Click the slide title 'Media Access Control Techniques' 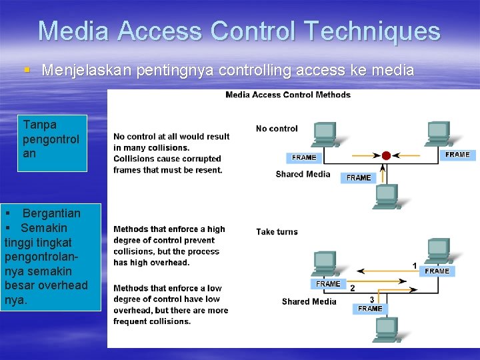tap(239, 31)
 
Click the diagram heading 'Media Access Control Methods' tap(287, 95)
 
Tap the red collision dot tap(386, 155)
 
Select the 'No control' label tap(277, 128)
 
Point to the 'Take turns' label tap(277, 231)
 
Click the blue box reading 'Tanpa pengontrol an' tap(52, 143)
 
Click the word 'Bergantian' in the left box tap(51, 213)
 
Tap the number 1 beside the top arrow tap(415, 265)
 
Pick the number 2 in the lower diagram tap(353, 287)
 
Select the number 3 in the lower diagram tap(372, 299)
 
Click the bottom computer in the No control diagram tap(386, 195)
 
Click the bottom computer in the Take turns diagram tap(386, 329)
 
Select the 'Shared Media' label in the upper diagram tap(303, 174)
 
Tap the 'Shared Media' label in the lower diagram tap(309, 301)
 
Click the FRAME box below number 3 tap(370, 309)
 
